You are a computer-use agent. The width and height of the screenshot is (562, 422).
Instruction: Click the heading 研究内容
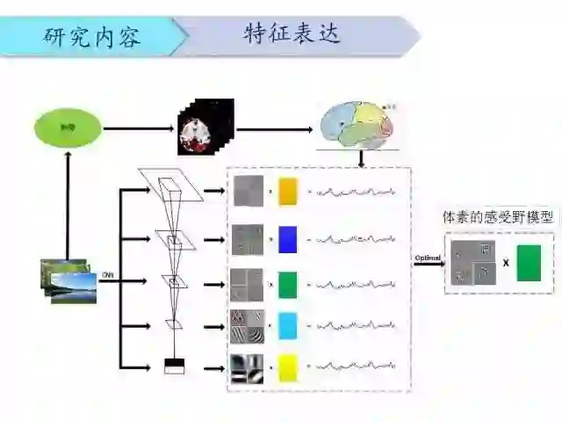[92, 37]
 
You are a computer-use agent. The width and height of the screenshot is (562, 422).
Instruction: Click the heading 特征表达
[292, 35]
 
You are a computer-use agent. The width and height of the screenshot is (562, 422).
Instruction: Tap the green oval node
[67, 129]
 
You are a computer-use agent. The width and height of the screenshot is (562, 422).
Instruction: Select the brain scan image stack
[205, 128]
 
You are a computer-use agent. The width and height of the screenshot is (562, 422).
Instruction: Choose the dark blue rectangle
[288, 237]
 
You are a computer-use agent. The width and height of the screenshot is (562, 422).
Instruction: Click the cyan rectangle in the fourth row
[288, 325]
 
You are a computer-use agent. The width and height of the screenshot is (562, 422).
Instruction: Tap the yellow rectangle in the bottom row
[288, 367]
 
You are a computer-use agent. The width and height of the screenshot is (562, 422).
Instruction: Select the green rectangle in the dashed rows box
[288, 284]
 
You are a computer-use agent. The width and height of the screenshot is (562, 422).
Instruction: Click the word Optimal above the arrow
[427, 257]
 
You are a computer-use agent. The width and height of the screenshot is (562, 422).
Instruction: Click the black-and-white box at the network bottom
[175, 366]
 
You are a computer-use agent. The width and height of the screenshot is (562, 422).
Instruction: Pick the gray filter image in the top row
[248, 191]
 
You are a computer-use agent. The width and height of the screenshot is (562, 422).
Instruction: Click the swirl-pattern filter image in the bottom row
[248, 367]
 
